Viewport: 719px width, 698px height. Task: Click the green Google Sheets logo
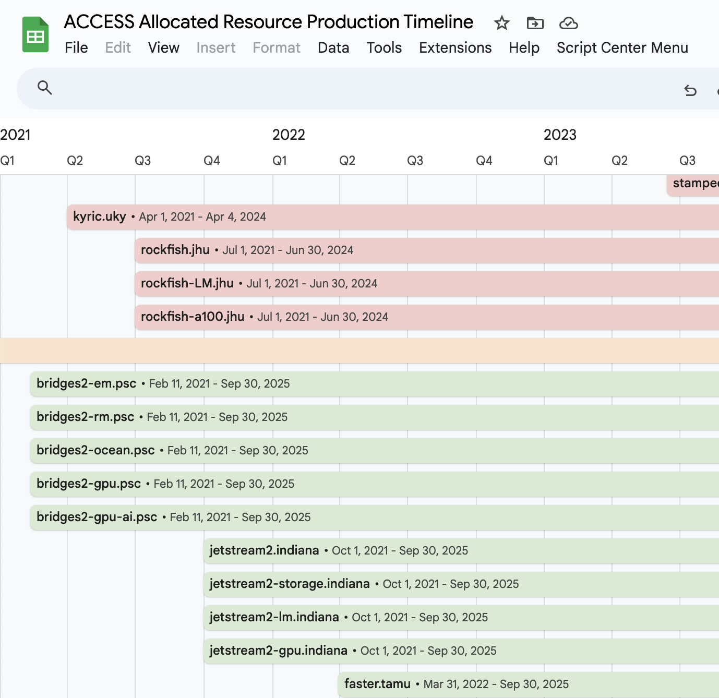coord(35,35)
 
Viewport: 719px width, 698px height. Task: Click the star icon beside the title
coord(501,23)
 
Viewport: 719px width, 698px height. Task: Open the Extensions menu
coord(455,47)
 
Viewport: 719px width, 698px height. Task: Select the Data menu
coord(333,47)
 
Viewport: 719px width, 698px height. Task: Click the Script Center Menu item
coord(622,47)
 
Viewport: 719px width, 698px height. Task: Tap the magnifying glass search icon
coord(45,88)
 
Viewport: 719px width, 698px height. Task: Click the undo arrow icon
coord(690,91)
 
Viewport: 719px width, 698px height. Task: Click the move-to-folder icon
coord(535,23)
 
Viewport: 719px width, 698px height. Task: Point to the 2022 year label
coord(289,135)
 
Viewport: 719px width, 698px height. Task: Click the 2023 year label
coord(560,135)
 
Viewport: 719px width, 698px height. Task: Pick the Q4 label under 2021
coord(212,161)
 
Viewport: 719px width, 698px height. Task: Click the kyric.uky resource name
coord(100,216)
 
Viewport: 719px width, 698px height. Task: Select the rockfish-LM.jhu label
coord(187,283)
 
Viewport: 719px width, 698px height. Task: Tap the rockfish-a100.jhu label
coord(193,317)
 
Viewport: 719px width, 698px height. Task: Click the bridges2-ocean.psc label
coord(95,450)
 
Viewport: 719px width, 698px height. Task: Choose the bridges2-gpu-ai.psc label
coord(97,517)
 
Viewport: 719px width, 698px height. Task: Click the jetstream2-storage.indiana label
coord(290,584)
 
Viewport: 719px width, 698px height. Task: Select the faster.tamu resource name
coord(377,684)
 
